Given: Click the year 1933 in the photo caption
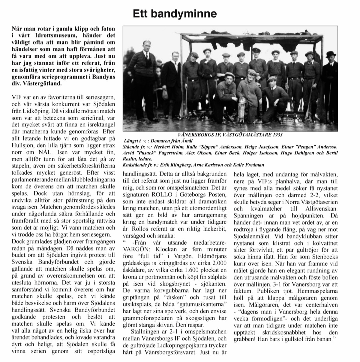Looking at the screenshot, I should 276,135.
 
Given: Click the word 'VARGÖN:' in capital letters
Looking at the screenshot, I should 134,249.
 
